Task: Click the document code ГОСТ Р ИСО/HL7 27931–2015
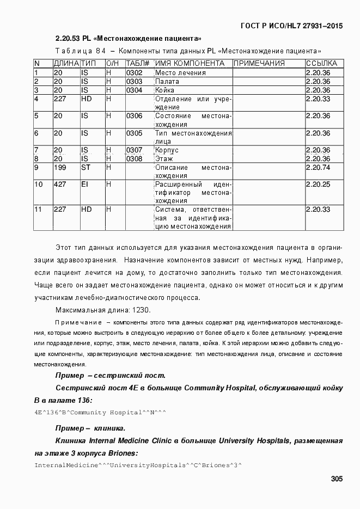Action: click(x=292, y=26)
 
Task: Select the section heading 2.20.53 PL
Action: click(x=129, y=39)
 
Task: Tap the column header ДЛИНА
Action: click(x=66, y=63)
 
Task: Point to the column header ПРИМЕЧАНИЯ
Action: click(x=259, y=63)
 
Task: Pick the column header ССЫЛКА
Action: click(x=321, y=63)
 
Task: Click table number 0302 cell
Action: click(x=134, y=72)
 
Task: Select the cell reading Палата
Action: click(x=167, y=81)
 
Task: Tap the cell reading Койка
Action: click(x=165, y=90)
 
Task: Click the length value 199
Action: click(x=60, y=167)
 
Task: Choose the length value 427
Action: click(x=60, y=185)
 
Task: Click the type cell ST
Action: click(x=86, y=167)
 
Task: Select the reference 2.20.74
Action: click(x=318, y=167)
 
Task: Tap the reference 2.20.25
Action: click(x=318, y=185)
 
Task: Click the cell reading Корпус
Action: click(x=167, y=150)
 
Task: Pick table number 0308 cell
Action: click(x=134, y=158)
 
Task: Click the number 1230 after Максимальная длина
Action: click(x=139, y=310)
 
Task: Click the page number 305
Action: click(x=336, y=479)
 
